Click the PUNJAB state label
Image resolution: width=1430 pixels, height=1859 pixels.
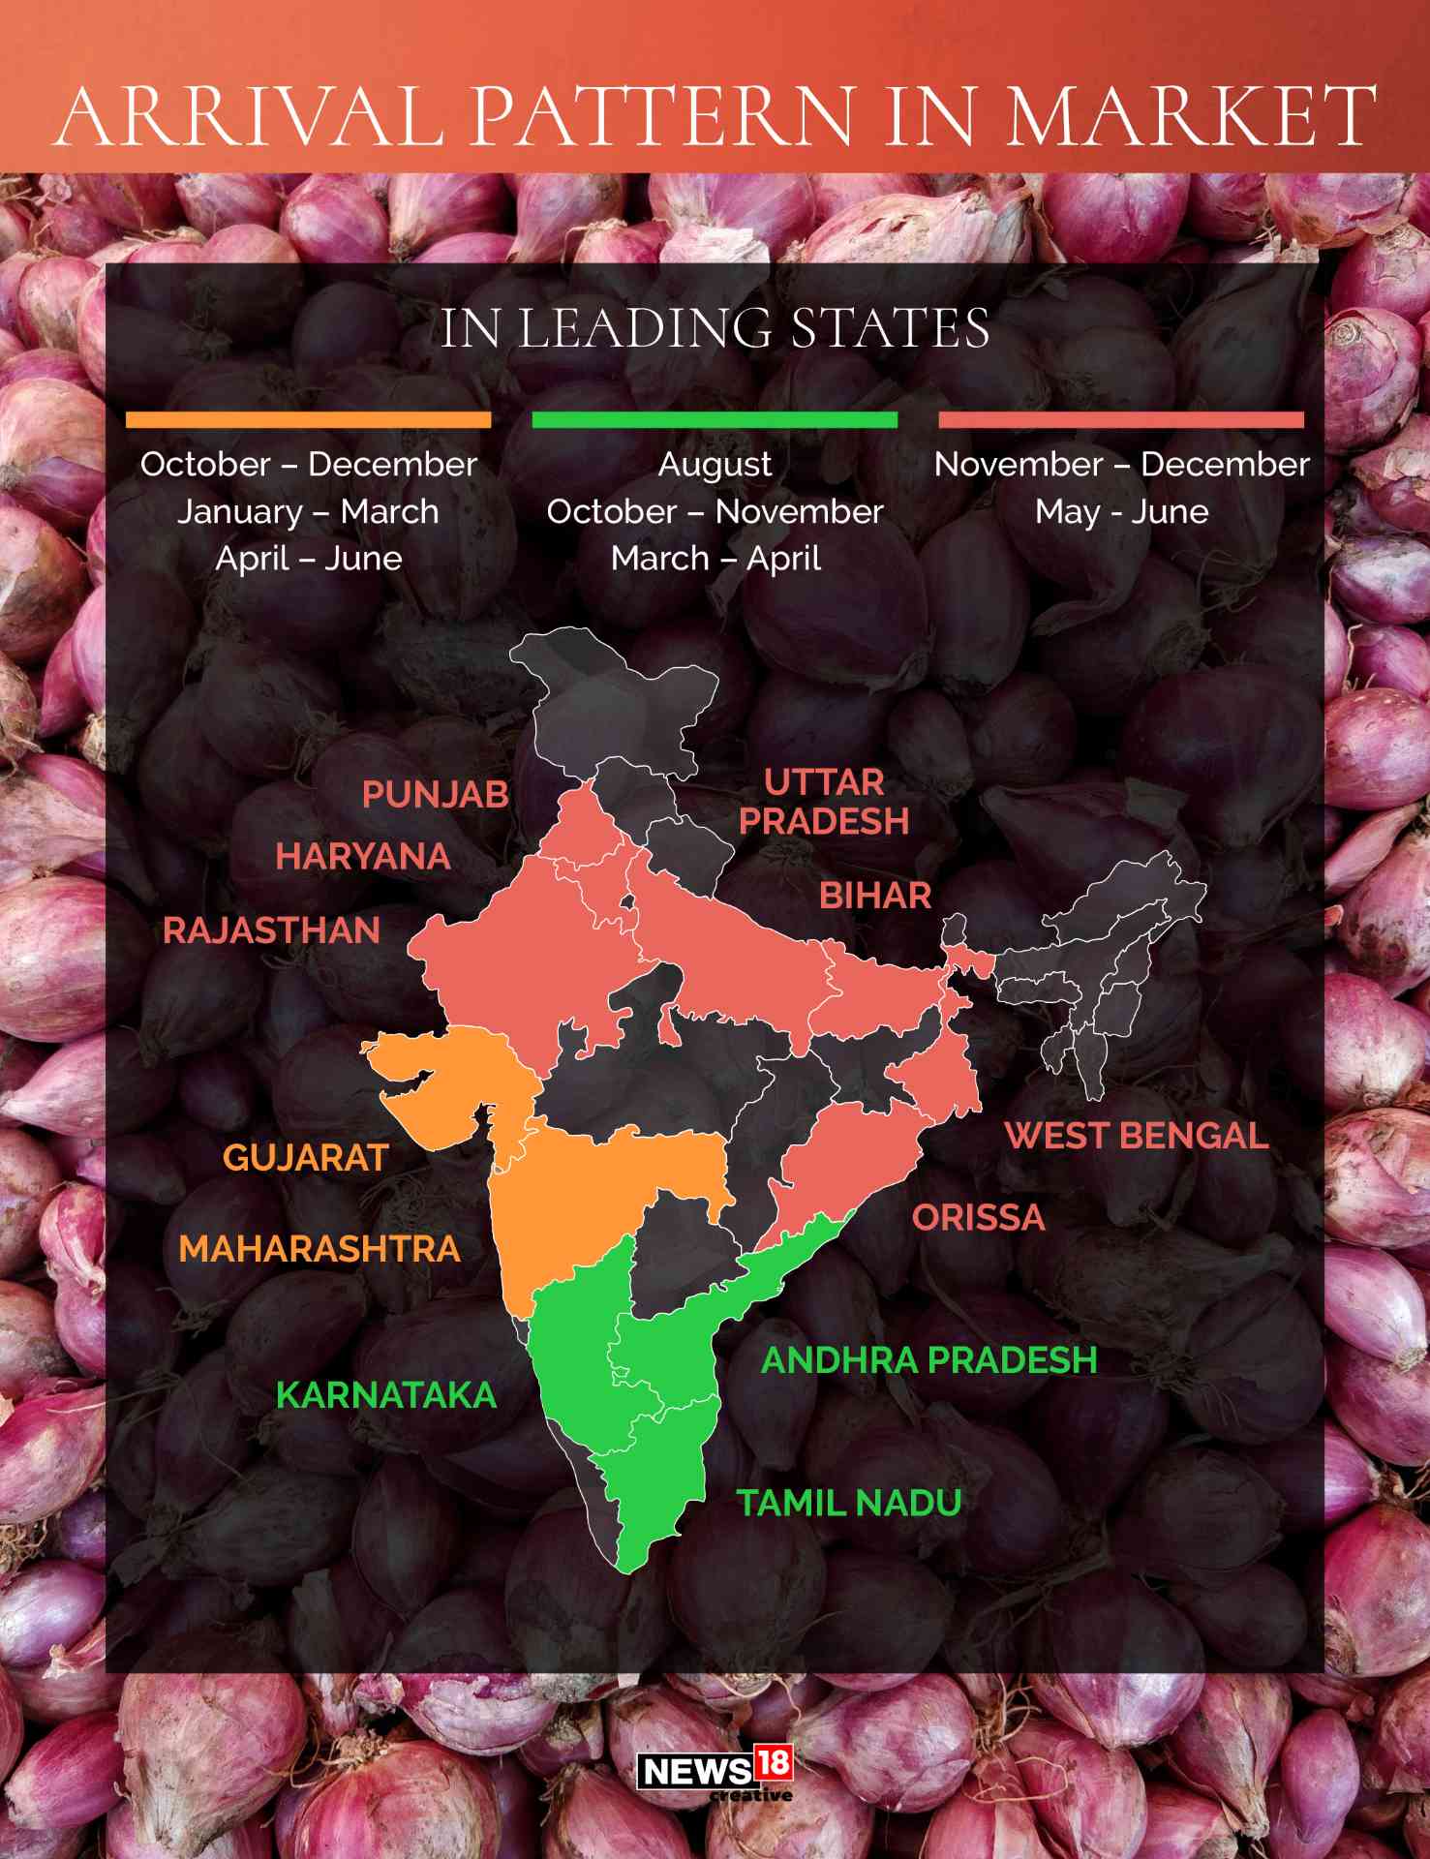435,795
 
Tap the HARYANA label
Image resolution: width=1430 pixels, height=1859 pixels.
363,857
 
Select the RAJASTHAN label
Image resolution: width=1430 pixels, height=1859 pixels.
271,930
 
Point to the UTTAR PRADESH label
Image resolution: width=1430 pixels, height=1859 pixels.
824,802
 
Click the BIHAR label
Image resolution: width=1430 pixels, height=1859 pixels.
875,896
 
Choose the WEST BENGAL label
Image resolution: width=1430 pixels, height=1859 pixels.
1137,1136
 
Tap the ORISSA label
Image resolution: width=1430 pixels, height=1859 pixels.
979,1218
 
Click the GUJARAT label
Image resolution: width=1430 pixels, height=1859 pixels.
306,1158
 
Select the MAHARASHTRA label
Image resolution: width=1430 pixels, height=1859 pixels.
319,1249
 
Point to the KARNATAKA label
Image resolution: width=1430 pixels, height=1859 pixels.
386,1395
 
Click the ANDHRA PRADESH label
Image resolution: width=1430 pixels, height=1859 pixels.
929,1360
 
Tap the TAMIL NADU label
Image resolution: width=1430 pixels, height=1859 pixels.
849,1503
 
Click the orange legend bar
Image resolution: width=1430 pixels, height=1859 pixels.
308,420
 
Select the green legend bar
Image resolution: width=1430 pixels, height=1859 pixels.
715,420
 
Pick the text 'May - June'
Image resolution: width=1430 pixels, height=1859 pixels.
1121,511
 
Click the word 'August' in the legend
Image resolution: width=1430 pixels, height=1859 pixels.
715,465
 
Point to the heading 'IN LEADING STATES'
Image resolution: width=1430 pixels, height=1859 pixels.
715,328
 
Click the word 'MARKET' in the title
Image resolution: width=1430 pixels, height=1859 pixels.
1191,116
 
